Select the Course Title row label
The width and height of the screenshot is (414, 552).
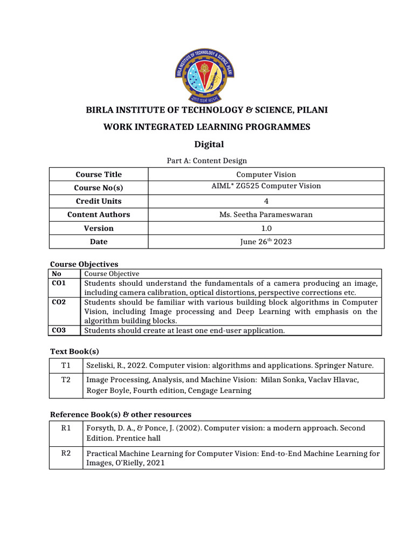(x=99, y=174)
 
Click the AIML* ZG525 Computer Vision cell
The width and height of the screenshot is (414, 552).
(x=266, y=186)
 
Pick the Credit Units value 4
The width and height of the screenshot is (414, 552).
(x=266, y=201)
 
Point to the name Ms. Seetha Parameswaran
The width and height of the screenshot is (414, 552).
(x=266, y=215)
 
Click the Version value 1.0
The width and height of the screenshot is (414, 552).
(x=266, y=228)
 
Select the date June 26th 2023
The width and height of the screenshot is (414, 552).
(x=266, y=241)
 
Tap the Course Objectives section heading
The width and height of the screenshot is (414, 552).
(x=84, y=264)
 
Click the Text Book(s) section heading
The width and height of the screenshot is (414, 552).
(x=74, y=351)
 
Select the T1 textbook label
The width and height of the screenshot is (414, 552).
(x=66, y=365)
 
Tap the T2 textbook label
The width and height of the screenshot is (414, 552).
(x=66, y=379)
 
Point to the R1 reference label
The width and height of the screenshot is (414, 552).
(x=66, y=428)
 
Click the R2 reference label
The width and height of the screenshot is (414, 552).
(x=66, y=453)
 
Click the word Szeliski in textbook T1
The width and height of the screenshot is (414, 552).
(x=101, y=365)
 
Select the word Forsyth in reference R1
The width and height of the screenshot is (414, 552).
(x=101, y=428)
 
